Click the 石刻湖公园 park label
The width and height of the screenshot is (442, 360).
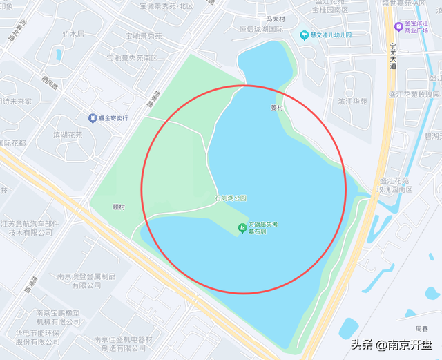tap(230, 198)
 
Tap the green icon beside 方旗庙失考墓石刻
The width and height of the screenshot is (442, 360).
tap(242, 228)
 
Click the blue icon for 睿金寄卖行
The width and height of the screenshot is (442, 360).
tap(93, 118)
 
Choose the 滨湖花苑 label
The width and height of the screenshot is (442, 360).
tap(68, 135)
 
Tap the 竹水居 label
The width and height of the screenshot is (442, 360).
tap(73, 33)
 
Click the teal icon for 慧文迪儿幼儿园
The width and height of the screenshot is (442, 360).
tap(304, 35)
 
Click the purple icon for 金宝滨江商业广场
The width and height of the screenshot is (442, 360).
tap(398, 27)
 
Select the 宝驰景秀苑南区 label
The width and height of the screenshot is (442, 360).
tap(132, 58)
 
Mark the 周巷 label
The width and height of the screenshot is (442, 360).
tap(421, 329)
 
